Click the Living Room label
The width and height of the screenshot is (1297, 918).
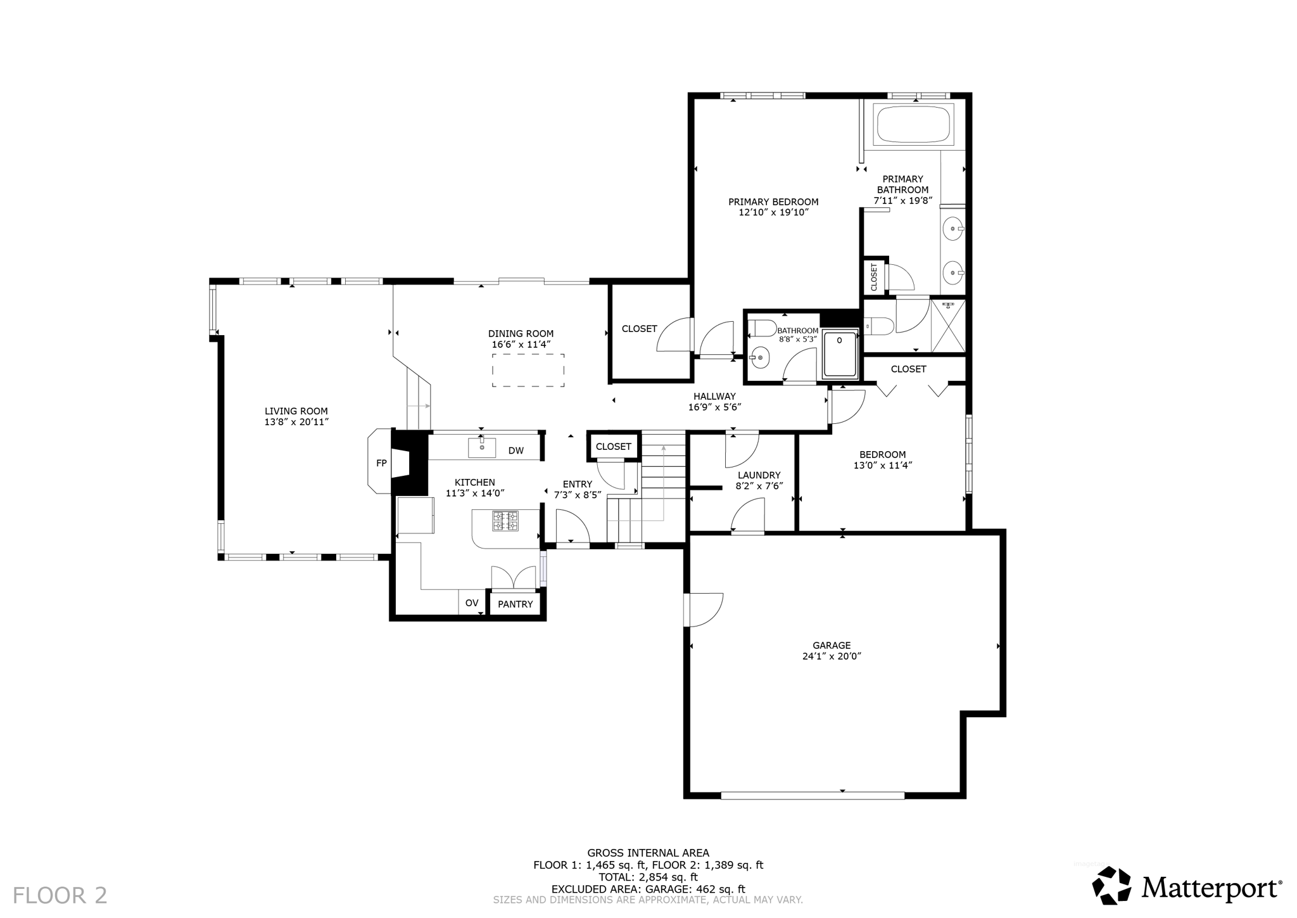coord(296,411)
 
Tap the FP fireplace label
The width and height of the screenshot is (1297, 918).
coord(381,463)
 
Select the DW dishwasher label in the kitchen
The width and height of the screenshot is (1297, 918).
coord(516,450)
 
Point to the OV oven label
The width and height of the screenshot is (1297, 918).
coord(472,603)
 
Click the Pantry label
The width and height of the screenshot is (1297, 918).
coord(516,604)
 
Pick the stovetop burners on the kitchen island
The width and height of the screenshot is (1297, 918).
coord(505,521)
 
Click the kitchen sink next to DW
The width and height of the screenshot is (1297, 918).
coord(482,447)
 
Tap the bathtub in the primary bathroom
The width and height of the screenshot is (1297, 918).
coord(913,125)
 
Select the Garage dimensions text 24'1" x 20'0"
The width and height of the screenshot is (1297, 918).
coord(832,657)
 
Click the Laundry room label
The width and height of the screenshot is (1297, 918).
coord(759,475)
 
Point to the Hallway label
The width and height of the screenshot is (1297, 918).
coord(714,397)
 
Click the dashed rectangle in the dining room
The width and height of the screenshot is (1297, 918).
coord(528,371)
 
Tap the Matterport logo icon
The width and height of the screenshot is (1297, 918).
coord(1111,885)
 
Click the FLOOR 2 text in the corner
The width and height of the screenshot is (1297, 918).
coord(60,895)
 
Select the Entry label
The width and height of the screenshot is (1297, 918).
coord(578,484)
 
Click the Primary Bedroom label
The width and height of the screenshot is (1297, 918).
coord(773,202)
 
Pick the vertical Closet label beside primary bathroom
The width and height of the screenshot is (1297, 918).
coord(874,277)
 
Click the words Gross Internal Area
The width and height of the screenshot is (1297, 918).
coord(648,853)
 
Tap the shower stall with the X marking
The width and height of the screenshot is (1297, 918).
coord(948,326)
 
